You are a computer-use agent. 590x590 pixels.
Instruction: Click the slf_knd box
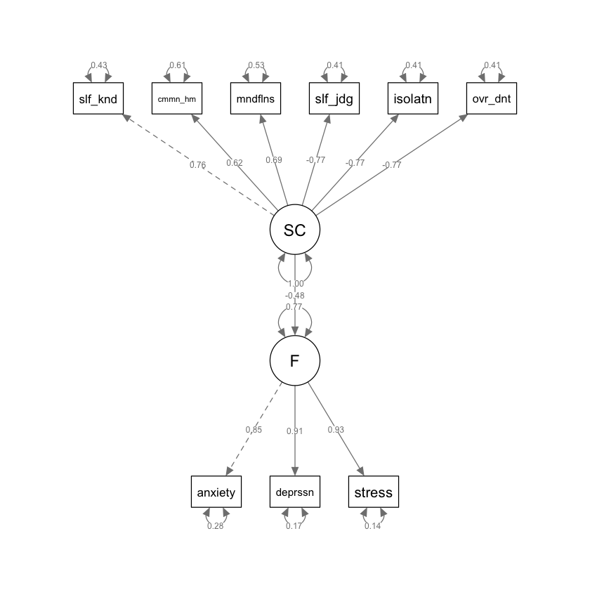98,99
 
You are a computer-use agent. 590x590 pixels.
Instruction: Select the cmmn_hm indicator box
177,99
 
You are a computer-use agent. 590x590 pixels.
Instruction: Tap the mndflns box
256,99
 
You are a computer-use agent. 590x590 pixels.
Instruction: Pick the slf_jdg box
334,99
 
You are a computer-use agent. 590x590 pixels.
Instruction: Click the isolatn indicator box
413,99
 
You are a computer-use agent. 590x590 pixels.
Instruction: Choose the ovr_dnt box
492,99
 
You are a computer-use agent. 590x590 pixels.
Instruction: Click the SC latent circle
295,230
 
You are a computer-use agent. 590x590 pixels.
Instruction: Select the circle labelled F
295,360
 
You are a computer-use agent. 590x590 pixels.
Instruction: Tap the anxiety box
216,492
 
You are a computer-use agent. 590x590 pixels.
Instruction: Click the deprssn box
295,492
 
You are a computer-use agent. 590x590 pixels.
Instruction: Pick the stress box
374,492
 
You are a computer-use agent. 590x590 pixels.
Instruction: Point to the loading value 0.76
197,166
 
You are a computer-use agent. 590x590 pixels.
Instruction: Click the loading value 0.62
235,163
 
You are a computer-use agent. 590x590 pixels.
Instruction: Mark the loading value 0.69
273,160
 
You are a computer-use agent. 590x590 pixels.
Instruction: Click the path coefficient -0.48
295,295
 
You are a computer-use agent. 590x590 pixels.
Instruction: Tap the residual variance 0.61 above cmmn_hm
177,66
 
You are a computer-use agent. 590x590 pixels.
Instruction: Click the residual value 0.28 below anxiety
215,526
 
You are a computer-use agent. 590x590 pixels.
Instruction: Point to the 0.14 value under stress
372,526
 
